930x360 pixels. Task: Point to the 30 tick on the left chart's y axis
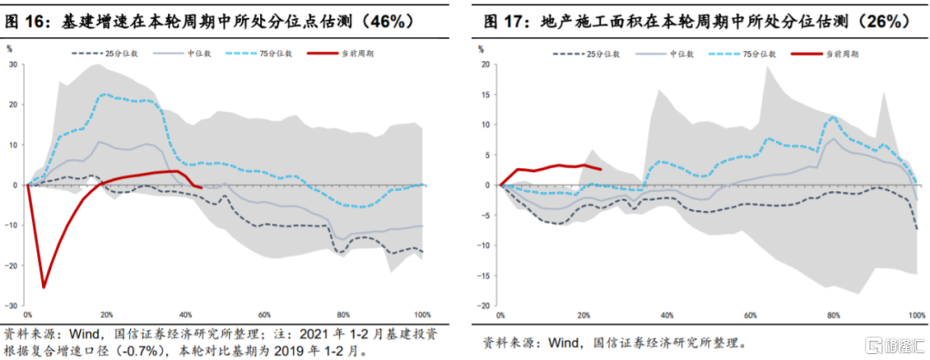tap(15, 65)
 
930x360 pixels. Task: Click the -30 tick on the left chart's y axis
tap(13, 306)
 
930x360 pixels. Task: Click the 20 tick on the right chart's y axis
tap(486, 65)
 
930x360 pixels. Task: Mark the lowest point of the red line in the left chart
tap(44, 287)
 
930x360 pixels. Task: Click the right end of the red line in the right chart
tap(600, 169)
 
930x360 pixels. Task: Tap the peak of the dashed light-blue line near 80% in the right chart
tap(834, 117)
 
